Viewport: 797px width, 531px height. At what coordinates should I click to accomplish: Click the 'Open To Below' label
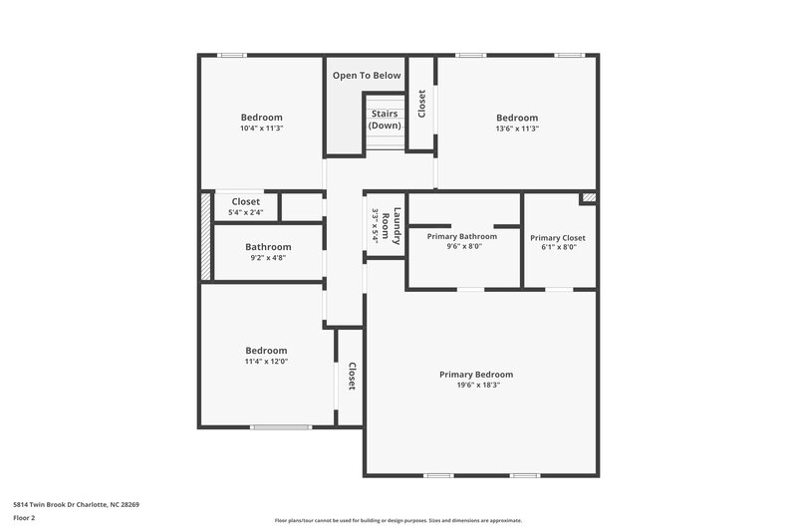(367, 76)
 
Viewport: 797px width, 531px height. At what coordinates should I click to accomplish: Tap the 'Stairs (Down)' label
(385, 120)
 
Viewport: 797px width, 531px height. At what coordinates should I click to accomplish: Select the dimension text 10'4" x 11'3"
(261, 129)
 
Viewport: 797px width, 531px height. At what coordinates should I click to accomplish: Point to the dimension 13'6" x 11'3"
(517, 129)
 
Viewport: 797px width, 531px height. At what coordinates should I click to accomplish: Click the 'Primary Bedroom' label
(475, 375)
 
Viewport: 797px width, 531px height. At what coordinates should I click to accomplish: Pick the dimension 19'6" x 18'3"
(475, 386)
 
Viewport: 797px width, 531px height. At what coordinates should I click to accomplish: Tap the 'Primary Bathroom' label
(461, 236)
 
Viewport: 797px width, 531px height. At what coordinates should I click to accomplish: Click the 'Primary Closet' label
(558, 238)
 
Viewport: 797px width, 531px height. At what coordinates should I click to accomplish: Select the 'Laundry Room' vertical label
(396, 226)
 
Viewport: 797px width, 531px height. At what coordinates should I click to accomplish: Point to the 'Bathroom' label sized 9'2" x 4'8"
(268, 247)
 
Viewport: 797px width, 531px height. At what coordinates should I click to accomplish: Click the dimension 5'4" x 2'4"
(245, 212)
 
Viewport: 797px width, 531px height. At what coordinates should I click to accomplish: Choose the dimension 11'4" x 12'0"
(266, 362)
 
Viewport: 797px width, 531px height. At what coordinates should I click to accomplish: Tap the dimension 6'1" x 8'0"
(558, 249)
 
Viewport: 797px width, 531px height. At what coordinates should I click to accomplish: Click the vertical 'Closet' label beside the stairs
(421, 104)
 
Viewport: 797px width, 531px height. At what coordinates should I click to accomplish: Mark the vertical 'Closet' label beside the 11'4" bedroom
(352, 376)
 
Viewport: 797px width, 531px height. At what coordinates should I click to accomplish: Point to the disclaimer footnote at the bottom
(398, 520)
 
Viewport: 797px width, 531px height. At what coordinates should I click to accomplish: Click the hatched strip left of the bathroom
(206, 236)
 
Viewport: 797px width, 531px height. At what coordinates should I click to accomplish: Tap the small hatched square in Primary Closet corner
(589, 198)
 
